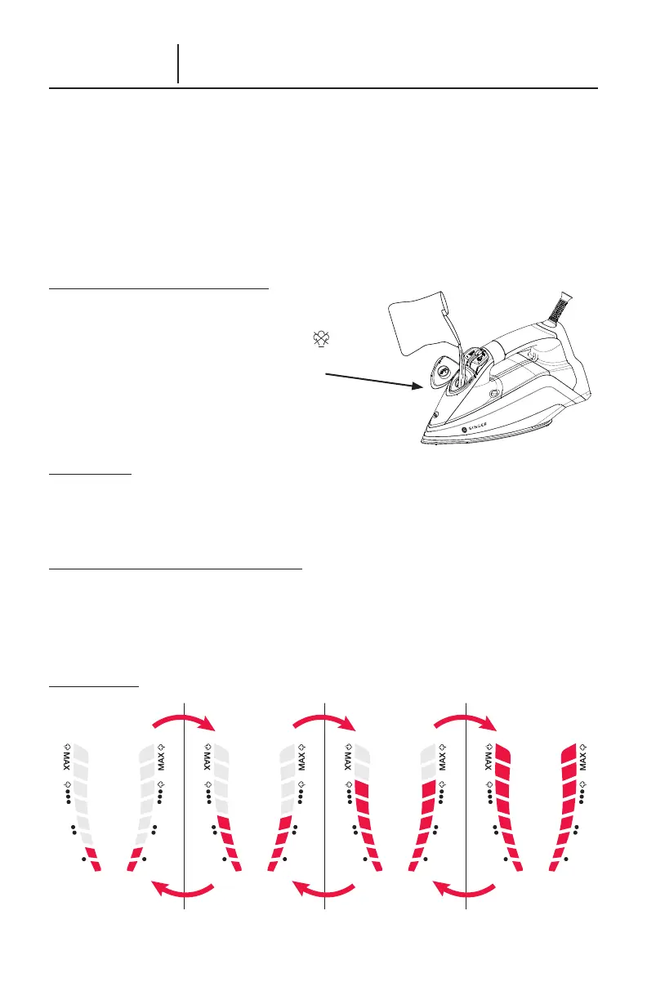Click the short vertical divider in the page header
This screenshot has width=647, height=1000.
[178, 64]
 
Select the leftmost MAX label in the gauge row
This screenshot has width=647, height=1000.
[68, 759]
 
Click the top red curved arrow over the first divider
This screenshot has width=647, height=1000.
[185, 719]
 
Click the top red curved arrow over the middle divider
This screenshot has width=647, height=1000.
[324, 719]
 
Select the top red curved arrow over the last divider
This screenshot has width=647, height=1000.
[465, 719]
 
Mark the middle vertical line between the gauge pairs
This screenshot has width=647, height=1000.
[325, 805]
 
